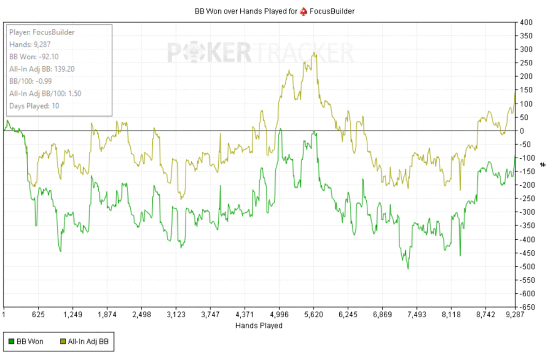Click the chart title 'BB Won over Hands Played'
[x=245, y=10]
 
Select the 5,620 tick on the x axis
[x=313, y=314]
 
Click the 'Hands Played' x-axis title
[x=259, y=325]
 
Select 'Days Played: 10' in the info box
[x=34, y=105]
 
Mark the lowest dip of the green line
[x=408, y=268]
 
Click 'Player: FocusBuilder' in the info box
[x=42, y=32]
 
